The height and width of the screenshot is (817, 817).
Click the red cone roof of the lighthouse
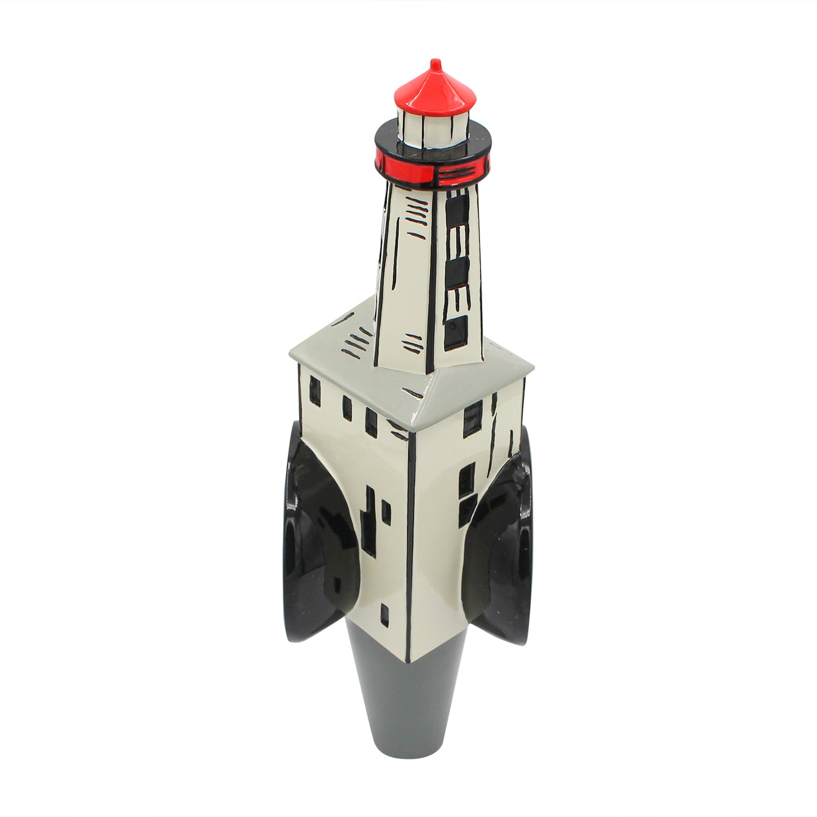pyautogui.click(x=435, y=90)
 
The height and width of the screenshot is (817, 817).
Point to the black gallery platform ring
pyautogui.click(x=396, y=139)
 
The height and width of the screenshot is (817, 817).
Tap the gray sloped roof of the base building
pyautogui.click(x=339, y=345)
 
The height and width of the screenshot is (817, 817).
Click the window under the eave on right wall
pyautogui.click(x=470, y=418)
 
